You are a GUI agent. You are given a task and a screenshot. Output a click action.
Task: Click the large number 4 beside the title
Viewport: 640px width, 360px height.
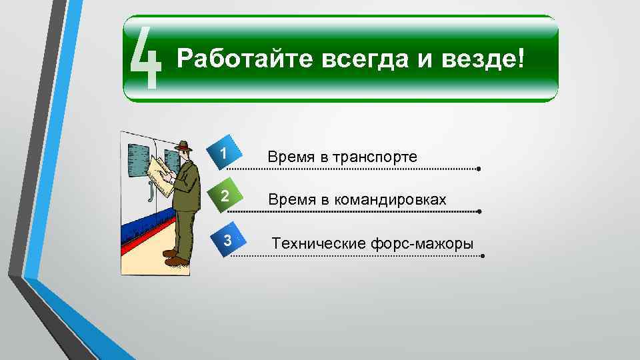pyautogui.click(x=145, y=59)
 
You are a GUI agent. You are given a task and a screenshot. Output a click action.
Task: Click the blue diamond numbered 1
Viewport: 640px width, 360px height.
pyautogui.click(x=225, y=154)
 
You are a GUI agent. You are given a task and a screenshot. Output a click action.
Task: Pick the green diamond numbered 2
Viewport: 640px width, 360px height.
pyautogui.click(x=225, y=197)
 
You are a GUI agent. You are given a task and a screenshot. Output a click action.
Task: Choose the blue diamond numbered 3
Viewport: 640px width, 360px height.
pyautogui.click(x=227, y=241)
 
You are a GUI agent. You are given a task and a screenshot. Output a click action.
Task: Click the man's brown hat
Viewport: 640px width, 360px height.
pyautogui.click(x=183, y=146)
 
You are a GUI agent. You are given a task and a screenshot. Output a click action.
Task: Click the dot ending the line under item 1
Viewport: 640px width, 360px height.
pyautogui.click(x=479, y=169)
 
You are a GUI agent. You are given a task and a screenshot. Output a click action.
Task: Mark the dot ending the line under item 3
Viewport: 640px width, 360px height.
pyautogui.click(x=482, y=255)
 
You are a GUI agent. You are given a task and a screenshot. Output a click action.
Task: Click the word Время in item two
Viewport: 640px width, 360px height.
pyautogui.click(x=289, y=200)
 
